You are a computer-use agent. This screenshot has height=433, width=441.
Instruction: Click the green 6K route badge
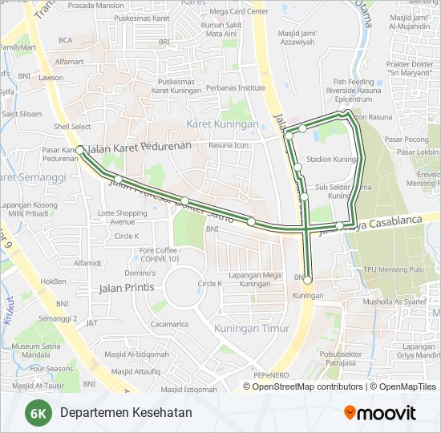pyautogui.click(x=37, y=413)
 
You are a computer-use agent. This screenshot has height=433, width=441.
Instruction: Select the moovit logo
pyautogui.click(x=379, y=413)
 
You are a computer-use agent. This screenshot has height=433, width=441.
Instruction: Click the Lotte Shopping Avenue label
pyautogui.click(x=123, y=217)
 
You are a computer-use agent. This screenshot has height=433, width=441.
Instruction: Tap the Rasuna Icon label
pyautogui.click(x=229, y=145)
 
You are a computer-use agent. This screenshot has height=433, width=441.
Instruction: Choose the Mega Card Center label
pyautogui.click(x=238, y=12)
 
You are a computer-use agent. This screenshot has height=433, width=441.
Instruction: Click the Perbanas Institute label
pyautogui.click(x=235, y=88)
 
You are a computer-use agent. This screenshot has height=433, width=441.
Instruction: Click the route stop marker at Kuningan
pyautogui.click(x=307, y=281)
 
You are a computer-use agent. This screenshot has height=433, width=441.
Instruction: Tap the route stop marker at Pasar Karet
pyautogui.click(x=80, y=150)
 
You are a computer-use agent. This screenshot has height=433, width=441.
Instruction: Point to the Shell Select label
pyautogui.click(x=72, y=127)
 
